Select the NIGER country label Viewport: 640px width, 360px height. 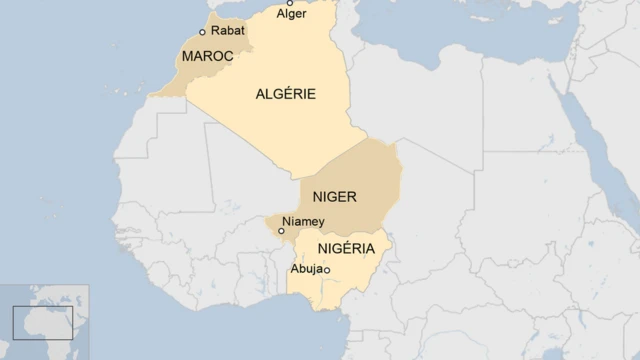coord(335,197)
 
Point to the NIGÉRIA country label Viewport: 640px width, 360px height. coord(346,248)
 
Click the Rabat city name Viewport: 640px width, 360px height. coord(227,31)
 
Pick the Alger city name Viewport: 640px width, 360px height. coord(291,14)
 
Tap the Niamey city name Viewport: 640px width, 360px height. coord(304,221)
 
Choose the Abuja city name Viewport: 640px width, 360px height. coord(305,269)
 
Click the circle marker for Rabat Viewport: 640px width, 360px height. coord(203,32)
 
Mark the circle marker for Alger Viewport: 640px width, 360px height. coord(290,3)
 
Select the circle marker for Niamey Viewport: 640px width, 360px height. coord(282,230)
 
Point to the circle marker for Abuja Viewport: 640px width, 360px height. coord(327,270)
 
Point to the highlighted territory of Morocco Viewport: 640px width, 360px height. coord(190,75)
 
